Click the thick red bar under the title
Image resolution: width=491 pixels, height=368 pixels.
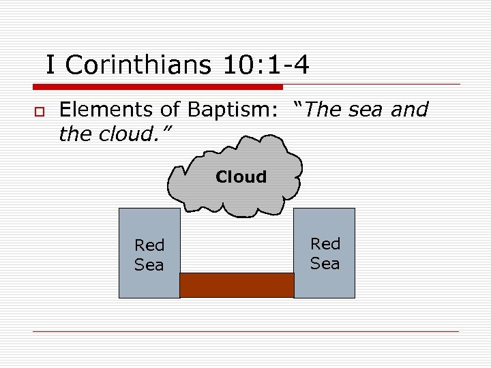(x=158, y=87)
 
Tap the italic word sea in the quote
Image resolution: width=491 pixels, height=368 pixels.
(x=368, y=110)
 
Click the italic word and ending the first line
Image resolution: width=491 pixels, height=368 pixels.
(x=409, y=110)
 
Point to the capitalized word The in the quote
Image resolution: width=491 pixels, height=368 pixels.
(x=326, y=110)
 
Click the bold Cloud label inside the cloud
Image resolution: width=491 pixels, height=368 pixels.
(x=241, y=177)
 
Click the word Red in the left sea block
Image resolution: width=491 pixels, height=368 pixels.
(x=149, y=245)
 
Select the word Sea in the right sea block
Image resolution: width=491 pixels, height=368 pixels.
(x=325, y=263)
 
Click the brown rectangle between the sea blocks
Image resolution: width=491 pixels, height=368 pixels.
(x=237, y=285)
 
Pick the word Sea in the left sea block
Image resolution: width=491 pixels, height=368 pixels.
(x=149, y=264)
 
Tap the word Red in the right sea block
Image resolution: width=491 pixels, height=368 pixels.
(x=325, y=244)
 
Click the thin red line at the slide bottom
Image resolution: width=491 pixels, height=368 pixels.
(x=245, y=331)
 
